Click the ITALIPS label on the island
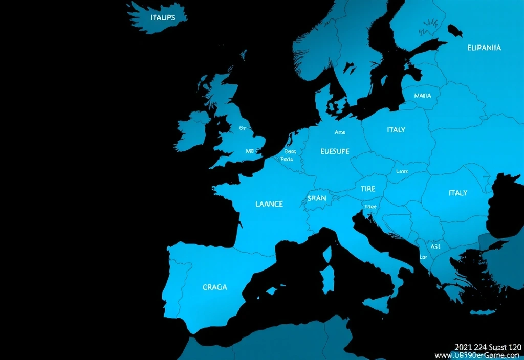coord(163,17)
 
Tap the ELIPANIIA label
coord(484,48)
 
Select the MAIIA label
coord(422,96)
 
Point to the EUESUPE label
coord(335,151)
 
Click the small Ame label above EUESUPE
coord(340,132)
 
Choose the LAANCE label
coord(269,204)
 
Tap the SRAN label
coord(317,198)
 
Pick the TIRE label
coord(367,189)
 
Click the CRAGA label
coord(214,287)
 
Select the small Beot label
coord(290,152)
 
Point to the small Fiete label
coord(287,160)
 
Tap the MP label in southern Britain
coord(250,151)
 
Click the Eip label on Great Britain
coord(243,128)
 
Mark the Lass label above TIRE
coord(402,172)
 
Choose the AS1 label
coord(435,246)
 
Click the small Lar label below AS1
coord(423,257)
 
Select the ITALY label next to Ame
coord(396,130)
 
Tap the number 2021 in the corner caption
coord(463,347)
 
